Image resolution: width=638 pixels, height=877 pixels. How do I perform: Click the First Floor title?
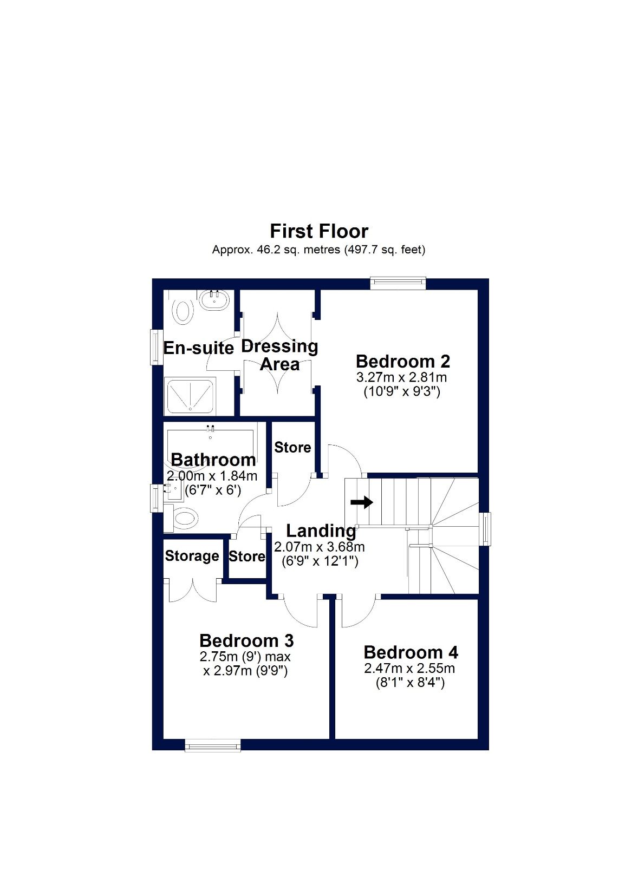[x=319, y=231]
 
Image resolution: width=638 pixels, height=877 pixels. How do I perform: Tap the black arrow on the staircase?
[x=362, y=502]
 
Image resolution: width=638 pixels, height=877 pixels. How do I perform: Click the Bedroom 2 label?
[x=403, y=361]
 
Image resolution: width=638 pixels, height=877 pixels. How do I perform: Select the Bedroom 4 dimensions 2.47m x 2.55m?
[x=409, y=669]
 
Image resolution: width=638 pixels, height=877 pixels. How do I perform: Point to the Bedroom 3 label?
[x=246, y=640]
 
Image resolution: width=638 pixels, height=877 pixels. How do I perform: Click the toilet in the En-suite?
[x=183, y=312]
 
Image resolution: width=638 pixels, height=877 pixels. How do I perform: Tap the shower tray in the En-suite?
[x=190, y=395]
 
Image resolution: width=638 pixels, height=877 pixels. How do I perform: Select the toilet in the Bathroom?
[x=183, y=519]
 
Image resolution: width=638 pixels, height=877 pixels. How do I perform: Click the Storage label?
[x=192, y=556]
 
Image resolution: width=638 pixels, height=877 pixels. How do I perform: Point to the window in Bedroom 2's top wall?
[x=398, y=283]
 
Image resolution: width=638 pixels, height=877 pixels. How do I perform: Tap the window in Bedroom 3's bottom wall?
[x=212, y=745]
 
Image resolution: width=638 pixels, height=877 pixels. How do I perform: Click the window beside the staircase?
[x=486, y=529]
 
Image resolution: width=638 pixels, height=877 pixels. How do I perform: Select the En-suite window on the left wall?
[x=157, y=347]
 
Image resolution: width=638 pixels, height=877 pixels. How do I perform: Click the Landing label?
[x=321, y=531]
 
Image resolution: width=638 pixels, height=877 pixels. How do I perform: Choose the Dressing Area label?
[x=279, y=355]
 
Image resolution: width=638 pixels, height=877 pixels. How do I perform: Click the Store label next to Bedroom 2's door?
[x=292, y=447]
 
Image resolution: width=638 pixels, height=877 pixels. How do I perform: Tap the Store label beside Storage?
[x=247, y=556]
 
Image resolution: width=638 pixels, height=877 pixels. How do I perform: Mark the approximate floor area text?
[x=318, y=250]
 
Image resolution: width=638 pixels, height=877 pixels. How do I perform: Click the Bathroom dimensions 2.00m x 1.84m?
[x=212, y=476]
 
